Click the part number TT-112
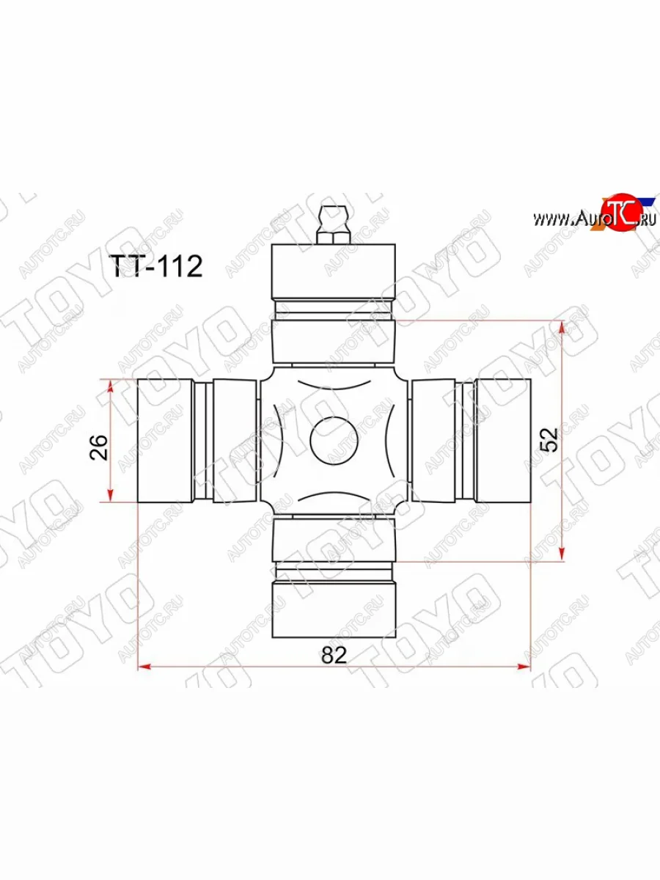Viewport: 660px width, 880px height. pyautogui.click(x=155, y=267)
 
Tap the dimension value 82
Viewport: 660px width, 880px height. pyautogui.click(x=333, y=654)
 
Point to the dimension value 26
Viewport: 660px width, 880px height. pyautogui.click(x=99, y=447)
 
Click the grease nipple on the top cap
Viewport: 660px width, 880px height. pyautogui.click(x=334, y=218)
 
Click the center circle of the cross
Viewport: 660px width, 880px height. pyautogui.click(x=334, y=441)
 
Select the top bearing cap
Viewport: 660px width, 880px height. pyautogui.click(x=334, y=271)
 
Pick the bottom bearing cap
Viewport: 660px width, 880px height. pyautogui.click(x=334, y=609)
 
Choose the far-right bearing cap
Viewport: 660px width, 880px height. pyautogui.click(x=502, y=441)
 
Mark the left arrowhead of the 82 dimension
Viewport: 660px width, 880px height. pyautogui.click(x=144, y=666)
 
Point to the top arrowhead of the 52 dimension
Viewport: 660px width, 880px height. pyautogui.click(x=562, y=327)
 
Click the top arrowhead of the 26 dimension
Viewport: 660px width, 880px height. pyautogui.click(x=111, y=384)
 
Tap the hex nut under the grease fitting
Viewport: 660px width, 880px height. pyautogui.click(x=334, y=238)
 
